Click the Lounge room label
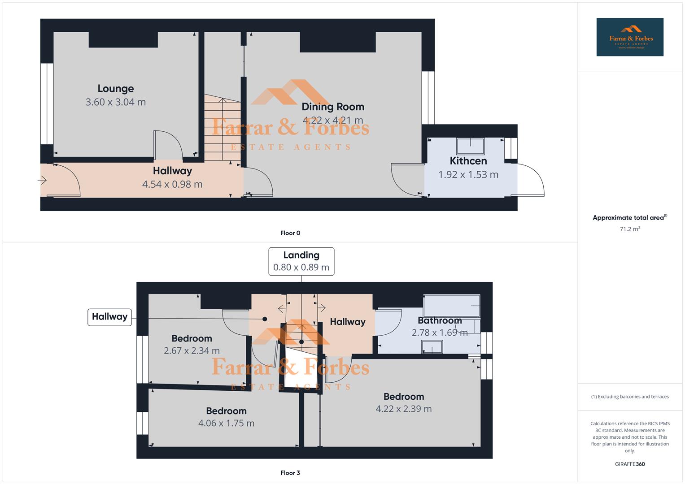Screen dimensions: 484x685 116,89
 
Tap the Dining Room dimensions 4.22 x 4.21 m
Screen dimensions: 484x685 332,120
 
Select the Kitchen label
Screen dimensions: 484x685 468,161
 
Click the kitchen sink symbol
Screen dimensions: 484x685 470,146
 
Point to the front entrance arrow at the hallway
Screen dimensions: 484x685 42,181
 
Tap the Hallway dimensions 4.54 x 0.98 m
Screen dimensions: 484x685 172,184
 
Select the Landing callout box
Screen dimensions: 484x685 301,261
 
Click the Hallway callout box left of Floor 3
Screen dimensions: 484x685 109,317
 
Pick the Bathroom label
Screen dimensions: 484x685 439,320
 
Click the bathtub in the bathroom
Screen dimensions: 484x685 451,305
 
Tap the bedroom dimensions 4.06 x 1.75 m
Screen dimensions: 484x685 226,423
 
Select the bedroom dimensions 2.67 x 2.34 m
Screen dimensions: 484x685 192,350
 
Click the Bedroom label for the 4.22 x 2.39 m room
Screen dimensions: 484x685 403,397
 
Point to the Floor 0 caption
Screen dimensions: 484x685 290,233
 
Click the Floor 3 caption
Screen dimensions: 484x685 290,473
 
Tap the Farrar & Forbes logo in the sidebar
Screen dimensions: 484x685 629,37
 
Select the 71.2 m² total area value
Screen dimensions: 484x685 629,229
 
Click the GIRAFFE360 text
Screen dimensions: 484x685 629,464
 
